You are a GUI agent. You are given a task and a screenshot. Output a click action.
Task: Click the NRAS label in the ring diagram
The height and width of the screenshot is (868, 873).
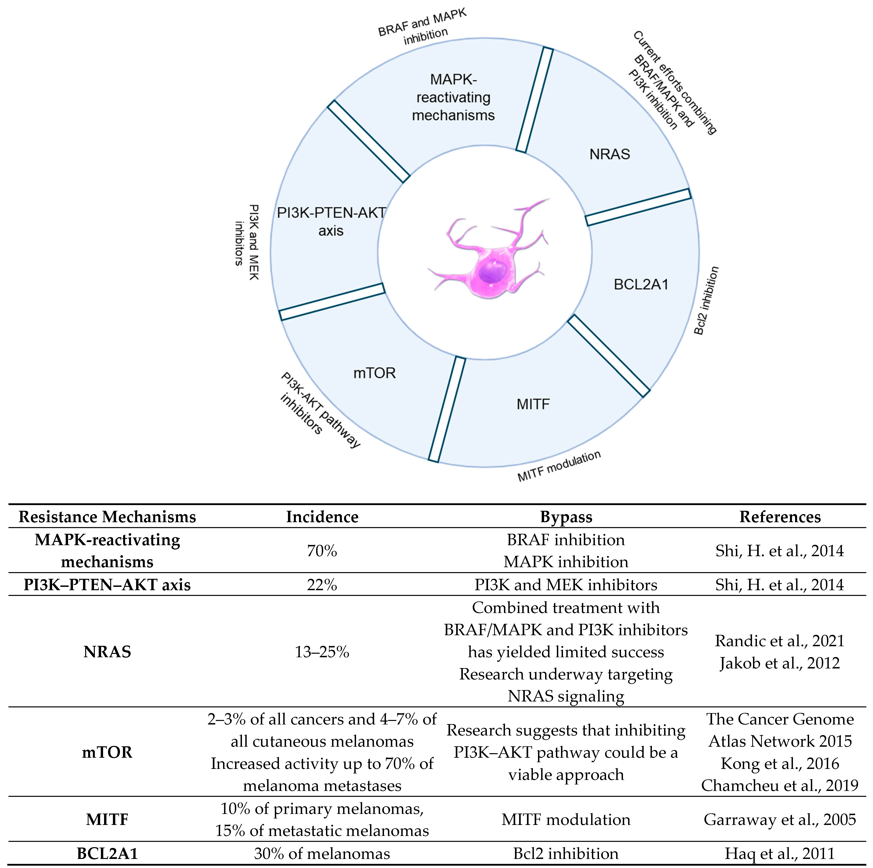[x=609, y=155]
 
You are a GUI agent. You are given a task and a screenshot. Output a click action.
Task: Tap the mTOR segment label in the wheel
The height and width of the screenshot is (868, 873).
[x=374, y=373]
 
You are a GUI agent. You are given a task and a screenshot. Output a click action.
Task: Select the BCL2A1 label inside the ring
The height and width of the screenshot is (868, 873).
[x=641, y=284]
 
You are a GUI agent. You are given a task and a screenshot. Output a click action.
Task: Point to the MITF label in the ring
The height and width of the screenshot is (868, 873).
[x=533, y=404]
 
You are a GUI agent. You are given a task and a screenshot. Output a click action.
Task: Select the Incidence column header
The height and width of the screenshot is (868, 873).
[x=322, y=517]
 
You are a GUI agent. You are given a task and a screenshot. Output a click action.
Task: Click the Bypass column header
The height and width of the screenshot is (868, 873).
[x=566, y=517]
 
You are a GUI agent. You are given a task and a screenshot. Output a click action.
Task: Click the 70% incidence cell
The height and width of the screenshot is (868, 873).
[x=322, y=550]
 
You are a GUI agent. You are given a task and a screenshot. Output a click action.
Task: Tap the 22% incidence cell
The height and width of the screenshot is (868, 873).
[x=322, y=585]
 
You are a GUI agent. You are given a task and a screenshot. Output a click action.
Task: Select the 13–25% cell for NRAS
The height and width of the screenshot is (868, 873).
[x=322, y=652]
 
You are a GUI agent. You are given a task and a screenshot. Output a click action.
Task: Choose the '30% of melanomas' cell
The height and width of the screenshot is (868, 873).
[x=322, y=853]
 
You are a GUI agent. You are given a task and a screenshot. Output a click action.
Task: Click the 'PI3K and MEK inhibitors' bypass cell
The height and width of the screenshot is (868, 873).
[x=566, y=585]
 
